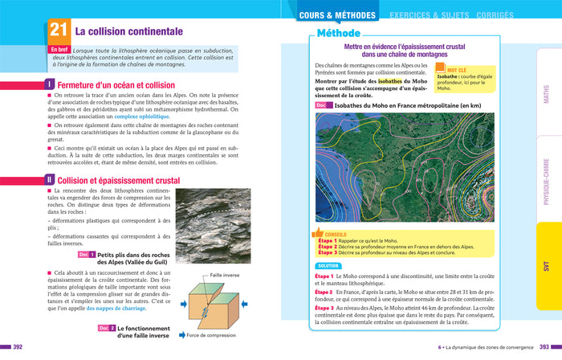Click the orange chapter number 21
pos(57,31)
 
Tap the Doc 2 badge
pos(107,328)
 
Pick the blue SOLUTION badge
pos(329,265)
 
